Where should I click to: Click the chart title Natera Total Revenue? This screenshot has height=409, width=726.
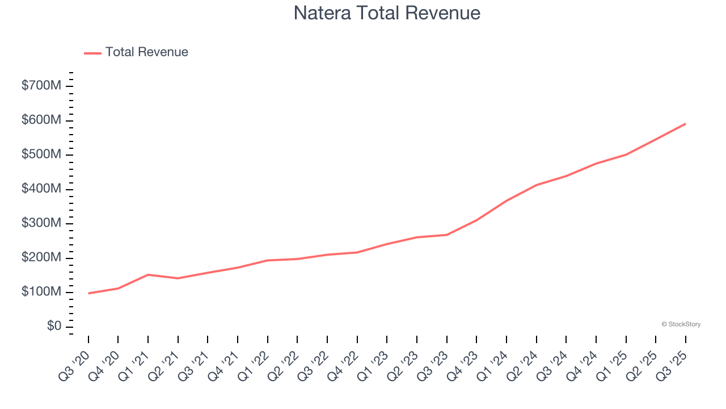click(387, 13)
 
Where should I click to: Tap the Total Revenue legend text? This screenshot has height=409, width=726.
click(146, 52)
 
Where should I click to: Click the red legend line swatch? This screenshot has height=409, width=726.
click(92, 53)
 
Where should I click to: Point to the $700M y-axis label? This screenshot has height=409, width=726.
click(41, 86)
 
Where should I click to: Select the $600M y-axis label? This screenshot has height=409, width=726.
click(41, 120)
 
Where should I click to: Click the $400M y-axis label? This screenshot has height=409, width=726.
click(41, 189)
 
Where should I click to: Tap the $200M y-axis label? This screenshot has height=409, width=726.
click(41, 258)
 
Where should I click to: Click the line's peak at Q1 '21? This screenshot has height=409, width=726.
click(148, 274)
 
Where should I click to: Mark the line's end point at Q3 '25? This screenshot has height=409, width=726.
click(685, 123)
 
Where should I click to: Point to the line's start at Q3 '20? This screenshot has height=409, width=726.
click(88, 293)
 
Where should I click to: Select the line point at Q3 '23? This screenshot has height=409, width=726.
click(446, 235)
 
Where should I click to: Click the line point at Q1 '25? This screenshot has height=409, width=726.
click(626, 155)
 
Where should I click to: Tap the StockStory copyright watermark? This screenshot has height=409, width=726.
click(681, 324)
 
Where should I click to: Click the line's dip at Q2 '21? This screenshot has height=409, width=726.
click(178, 278)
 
